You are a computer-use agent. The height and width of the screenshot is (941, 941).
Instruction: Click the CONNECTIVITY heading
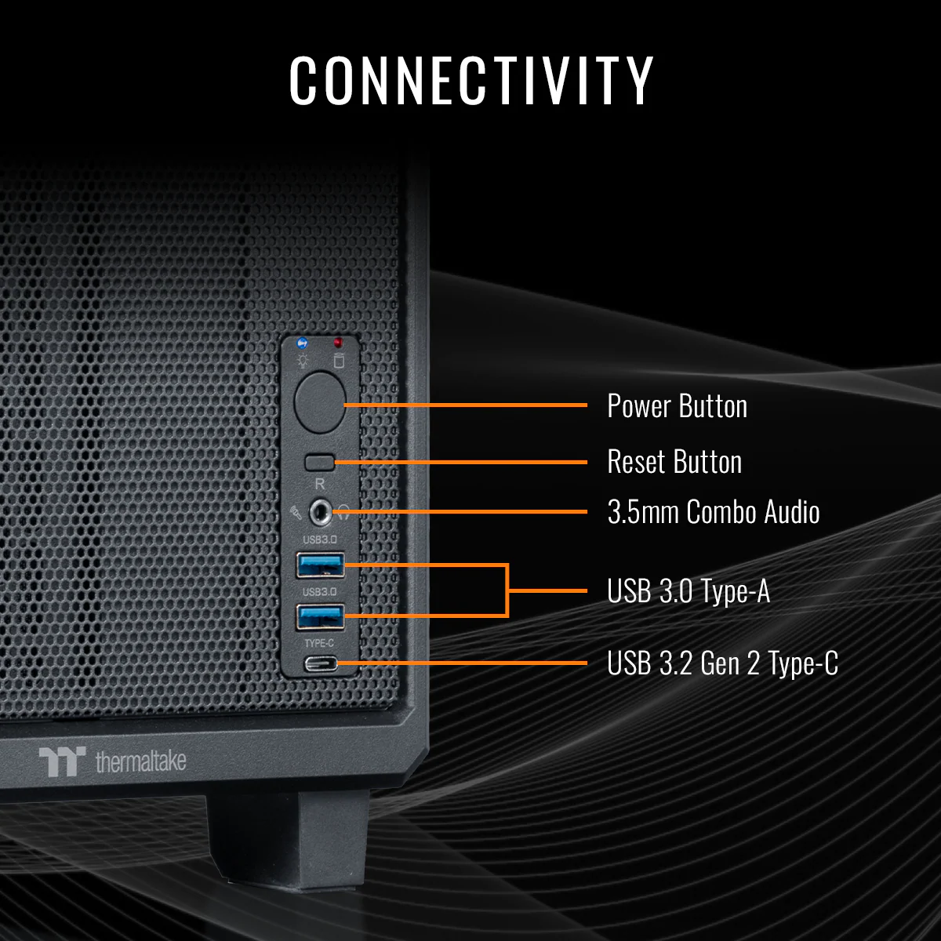[x=470, y=80]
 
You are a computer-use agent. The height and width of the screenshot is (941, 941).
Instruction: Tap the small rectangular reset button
[x=320, y=461]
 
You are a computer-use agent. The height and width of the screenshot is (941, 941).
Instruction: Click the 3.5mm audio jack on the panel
[x=320, y=513]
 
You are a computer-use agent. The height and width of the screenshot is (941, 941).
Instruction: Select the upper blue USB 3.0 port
[x=320, y=565]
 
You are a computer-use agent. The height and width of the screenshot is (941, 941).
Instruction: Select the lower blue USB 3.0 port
[x=320, y=616]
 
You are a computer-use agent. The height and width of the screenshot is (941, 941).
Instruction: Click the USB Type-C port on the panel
[x=321, y=664]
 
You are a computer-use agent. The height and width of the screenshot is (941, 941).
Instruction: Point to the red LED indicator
[x=338, y=343]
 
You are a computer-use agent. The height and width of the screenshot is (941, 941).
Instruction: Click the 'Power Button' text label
[x=677, y=406]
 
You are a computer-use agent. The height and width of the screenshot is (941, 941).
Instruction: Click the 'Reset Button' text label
[x=674, y=462]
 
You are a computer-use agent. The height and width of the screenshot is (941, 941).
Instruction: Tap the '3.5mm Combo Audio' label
[x=713, y=512]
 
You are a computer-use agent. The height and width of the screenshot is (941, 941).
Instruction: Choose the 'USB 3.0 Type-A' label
[x=688, y=591]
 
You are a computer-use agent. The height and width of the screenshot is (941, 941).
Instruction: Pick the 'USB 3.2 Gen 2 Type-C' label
[x=722, y=663]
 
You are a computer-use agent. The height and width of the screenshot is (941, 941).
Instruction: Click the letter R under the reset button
[x=319, y=484]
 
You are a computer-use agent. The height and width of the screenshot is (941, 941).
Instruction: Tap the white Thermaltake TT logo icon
[x=62, y=761]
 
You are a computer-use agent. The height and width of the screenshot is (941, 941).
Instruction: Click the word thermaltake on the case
[x=140, y=761]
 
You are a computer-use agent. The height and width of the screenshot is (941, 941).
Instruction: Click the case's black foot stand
[x=289, y=839]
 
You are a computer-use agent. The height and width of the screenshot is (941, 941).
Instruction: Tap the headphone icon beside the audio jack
[x=344, y=514]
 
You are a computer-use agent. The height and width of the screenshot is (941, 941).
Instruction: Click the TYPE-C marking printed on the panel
[x=319, y=644]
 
